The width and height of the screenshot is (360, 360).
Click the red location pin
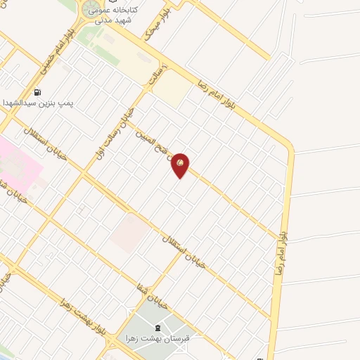tap(181, 165)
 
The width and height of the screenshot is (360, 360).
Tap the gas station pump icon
tap(37, 91)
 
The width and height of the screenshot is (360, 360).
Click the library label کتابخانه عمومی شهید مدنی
tap(115, 15)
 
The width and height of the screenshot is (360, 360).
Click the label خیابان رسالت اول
tap(113, 134)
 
